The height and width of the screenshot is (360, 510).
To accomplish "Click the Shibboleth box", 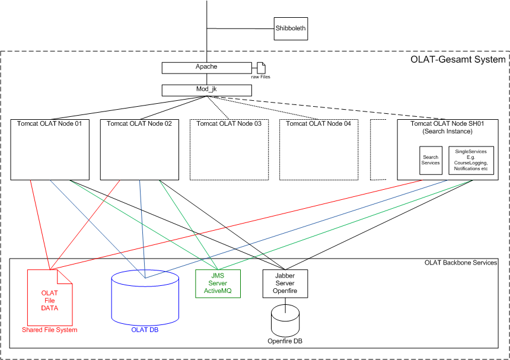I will pyautogui.click(x=291, y=28).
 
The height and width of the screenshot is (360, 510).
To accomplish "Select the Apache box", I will pyautogui.click(x=206, y=68).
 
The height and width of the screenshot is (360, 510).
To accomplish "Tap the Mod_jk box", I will pyautogui.click(x=206, y=90).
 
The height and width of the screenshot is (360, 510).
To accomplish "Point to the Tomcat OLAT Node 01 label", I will pyautogui.click(x=49, y=124).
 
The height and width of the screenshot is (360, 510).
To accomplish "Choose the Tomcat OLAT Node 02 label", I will pyautogui.click(x=139, y=124).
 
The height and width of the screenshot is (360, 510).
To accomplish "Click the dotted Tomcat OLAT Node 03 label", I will pyautogui.click(x=228, y=124).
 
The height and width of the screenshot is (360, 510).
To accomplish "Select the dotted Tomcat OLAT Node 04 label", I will pyautogui.click(x=318, y=124).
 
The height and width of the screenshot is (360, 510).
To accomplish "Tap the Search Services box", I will pyautogui.click(x=431, y=160).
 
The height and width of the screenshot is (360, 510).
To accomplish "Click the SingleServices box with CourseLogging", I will pyautogui.click(x=471, y=160).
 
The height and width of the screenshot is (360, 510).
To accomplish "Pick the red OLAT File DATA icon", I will pyautogui.click(x=50, y=300).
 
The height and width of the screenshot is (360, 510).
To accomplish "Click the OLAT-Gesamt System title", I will pyautogui.click(x=458, y=59).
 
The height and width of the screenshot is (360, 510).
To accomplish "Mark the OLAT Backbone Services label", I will pyautogui.click(x=461, y=263).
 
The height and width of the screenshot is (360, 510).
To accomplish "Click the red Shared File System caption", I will pyautogui.click(x=50, y=330).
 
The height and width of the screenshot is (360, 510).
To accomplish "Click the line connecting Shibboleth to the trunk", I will pyautogui.click(x=240, y=28).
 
